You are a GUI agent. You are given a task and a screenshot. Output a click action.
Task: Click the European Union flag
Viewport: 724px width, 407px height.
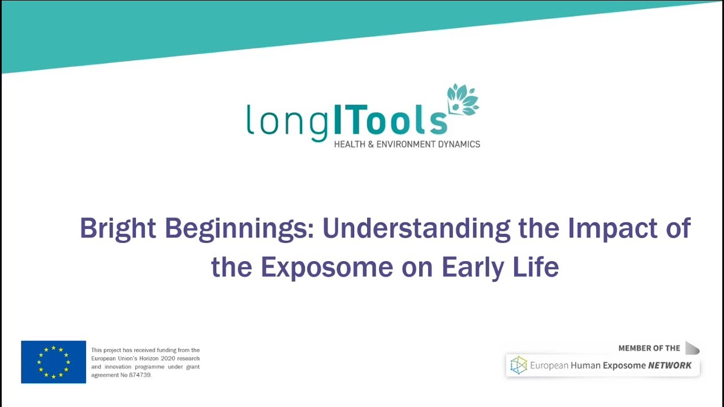pos(54,362)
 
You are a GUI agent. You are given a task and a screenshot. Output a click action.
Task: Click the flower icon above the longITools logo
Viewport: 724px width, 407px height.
pos(462,100)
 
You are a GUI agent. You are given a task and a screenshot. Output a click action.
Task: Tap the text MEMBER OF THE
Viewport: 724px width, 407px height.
pos(649,348)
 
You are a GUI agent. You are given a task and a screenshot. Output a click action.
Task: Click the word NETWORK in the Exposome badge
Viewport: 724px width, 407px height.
pos(670,366)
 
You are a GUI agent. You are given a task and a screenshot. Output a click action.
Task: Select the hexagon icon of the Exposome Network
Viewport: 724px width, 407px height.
pos(518,365)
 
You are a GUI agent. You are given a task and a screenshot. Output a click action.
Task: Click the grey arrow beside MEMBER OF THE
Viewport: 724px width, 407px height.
pos(692,348)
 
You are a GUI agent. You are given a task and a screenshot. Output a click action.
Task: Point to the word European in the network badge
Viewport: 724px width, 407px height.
pos(549,366)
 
